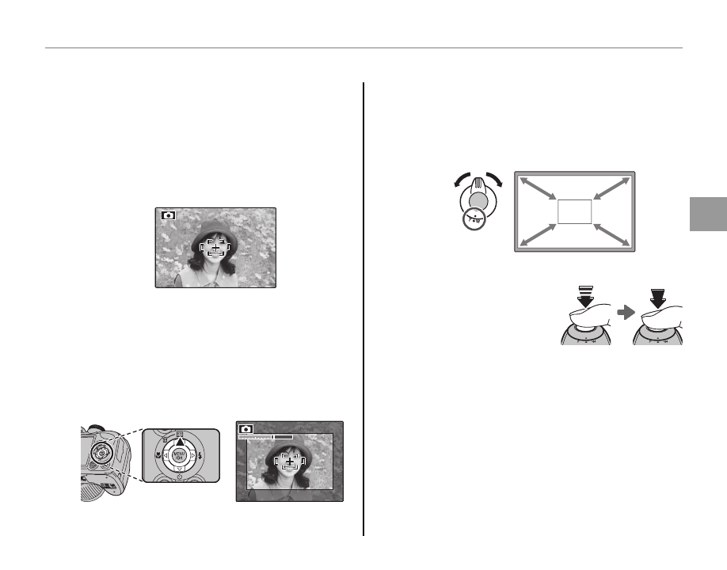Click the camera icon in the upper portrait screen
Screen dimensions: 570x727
point(166,215)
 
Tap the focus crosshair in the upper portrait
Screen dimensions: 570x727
point(215,249)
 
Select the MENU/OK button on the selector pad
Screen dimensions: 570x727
point(179,455)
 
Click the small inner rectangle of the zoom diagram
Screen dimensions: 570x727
point(575,211)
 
